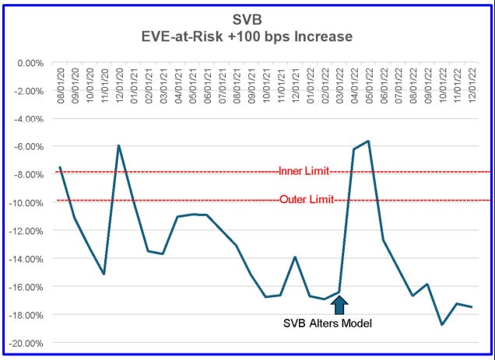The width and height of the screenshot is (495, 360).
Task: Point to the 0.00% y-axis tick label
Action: click(36, 63)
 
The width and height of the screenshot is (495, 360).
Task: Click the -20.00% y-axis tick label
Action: click(33, 343)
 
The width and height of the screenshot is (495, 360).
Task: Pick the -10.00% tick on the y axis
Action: click(33, 203)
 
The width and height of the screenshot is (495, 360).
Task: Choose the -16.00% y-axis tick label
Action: click(33, 287)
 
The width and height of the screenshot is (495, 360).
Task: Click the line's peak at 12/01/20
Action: click(119, 145)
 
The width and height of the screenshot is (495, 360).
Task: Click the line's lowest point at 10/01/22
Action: click(442, 324)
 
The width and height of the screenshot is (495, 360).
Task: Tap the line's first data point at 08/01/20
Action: click(60, 167)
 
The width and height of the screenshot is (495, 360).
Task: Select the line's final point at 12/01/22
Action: click(472, 307)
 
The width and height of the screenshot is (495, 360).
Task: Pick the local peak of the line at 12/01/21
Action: click(295, 257)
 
